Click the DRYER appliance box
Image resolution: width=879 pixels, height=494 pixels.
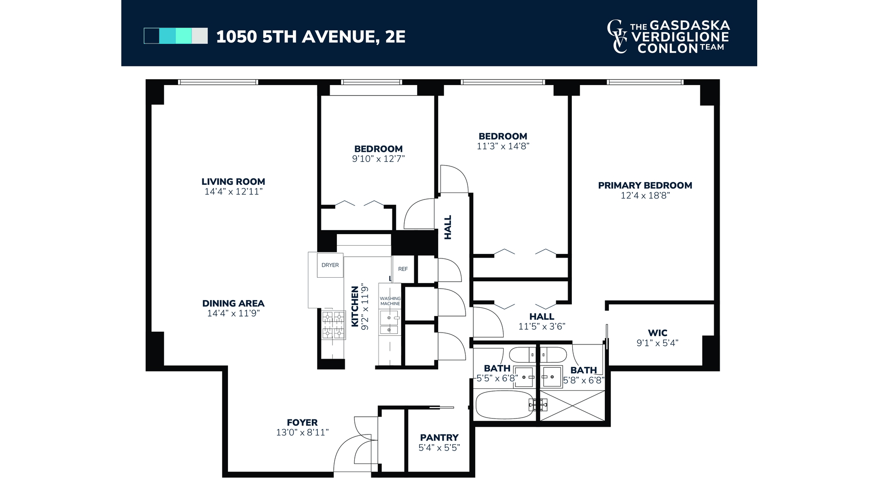point(330,265)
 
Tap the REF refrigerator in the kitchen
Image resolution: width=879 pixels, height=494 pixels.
point(403,269)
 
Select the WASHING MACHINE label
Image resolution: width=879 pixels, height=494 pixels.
point(390,301)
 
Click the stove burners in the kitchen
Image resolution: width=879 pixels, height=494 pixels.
point(333,325)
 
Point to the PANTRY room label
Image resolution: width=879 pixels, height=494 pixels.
point(439,438)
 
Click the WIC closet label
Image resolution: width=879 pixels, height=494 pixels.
point(657,333)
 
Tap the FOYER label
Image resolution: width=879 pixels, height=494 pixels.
point(302,423)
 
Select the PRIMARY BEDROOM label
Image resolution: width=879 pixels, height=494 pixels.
point(645,185)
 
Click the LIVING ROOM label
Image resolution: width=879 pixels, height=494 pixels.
point(233,182)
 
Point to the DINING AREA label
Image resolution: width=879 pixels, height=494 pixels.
point(233,303)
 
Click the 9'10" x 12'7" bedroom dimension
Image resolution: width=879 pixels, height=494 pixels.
point(378,159)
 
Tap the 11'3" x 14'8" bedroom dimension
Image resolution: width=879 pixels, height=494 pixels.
point(503,146)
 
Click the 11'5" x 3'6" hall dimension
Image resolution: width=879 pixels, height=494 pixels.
point(542,327)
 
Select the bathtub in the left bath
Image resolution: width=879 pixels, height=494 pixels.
point(505,405)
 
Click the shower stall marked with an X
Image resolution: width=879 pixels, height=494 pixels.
point(572,405)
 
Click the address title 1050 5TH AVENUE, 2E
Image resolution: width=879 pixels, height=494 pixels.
point(311,37)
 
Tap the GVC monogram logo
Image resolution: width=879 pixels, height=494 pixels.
point(618,37)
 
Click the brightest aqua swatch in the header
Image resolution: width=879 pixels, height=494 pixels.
point(184,36)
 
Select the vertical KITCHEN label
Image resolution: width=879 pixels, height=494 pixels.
point(355,306)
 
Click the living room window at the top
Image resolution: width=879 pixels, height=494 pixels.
point(218,82)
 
